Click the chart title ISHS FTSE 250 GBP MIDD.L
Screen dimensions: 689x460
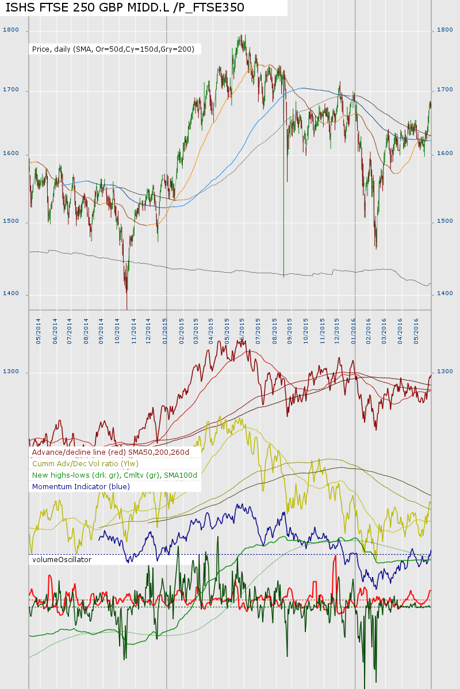coord(125,7)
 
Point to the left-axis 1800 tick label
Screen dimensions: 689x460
coord(11,30)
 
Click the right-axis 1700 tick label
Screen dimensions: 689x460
coord(446,90)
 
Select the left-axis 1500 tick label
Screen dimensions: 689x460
coord(11,221)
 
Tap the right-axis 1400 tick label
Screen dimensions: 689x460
coord(446,293)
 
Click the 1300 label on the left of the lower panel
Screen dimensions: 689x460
coord(11,372)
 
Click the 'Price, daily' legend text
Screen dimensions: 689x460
coord(113,49)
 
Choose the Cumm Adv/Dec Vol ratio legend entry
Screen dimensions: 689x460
coord(86,464)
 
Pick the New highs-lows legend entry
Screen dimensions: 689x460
coord(114,475)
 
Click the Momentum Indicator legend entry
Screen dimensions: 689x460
coord(81,487)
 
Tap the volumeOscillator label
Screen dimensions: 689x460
coord(62,559)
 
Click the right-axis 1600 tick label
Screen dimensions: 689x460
coord(446,154)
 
